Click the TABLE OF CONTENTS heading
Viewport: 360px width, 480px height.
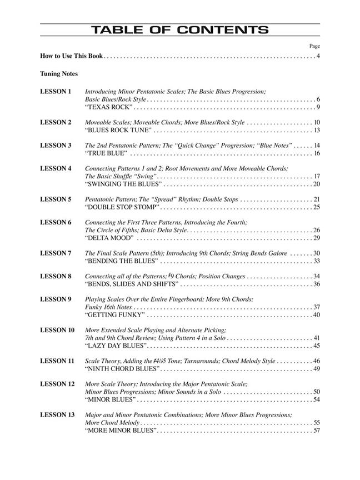(180, 30)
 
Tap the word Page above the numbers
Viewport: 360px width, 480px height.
(314, 46)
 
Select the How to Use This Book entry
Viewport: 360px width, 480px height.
(72, 56)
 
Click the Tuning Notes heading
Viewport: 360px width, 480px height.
(59, 73)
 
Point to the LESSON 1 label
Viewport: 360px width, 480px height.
(56, 91)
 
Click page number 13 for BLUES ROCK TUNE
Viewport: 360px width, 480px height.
(316, 130)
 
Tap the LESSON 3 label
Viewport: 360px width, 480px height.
(56, 145)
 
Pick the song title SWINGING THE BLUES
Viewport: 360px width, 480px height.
(123, 184)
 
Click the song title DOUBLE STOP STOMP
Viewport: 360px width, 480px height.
(123, 207)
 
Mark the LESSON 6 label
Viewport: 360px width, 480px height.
(56, 222)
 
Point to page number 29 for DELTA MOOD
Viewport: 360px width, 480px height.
(316, 238)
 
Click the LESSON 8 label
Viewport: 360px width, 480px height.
(56, 276)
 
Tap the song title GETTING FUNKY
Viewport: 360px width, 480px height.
(115, 315)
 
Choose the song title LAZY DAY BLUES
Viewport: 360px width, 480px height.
(116, 346)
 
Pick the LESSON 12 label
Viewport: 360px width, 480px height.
(57, 384)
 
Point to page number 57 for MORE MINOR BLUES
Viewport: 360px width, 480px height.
(316, 430)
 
